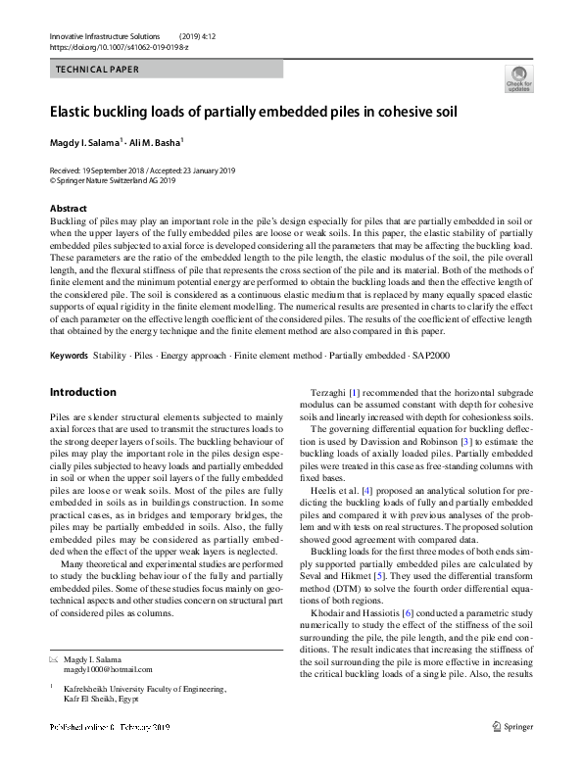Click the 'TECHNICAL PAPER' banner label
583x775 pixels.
pos(98,70)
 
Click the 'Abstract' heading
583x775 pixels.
pos(69,209)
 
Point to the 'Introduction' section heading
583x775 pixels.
pos(82,393)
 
